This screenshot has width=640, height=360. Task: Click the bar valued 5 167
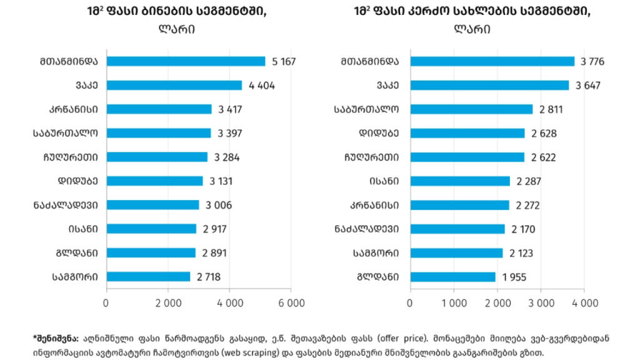pyautogui.click(x=186, y=61)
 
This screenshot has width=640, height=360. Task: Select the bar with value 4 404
pyautogui.click(x=174, y=85)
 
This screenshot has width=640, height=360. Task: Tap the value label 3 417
pyautogui.click(x=231, y=109)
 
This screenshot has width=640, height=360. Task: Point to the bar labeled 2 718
pyautogui.click(x=148, y=276)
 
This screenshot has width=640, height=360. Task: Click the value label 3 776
pyautogui.click(x=592, y=61)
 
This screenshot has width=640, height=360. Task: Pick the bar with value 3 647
pyautogui.click(x=489, y=85)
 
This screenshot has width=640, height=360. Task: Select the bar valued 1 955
pyautogui.click(x=452, y=276)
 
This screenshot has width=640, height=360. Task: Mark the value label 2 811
pyautogui.click(x=551, y=109)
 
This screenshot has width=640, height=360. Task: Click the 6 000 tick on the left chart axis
pyautogui.click(x=291, y=303)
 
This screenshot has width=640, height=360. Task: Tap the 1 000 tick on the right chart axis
pyautogui.click(x=453, y=303)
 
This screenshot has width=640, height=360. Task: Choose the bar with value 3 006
pyautogui.click(x=152, y=204)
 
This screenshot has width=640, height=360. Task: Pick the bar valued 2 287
pyautogui.click(x=460, y=181)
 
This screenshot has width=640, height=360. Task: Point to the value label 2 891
pyautogui.click(x=214, y=252)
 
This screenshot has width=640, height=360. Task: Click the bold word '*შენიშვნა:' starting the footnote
pyautogui.click(x=55, y=338)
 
